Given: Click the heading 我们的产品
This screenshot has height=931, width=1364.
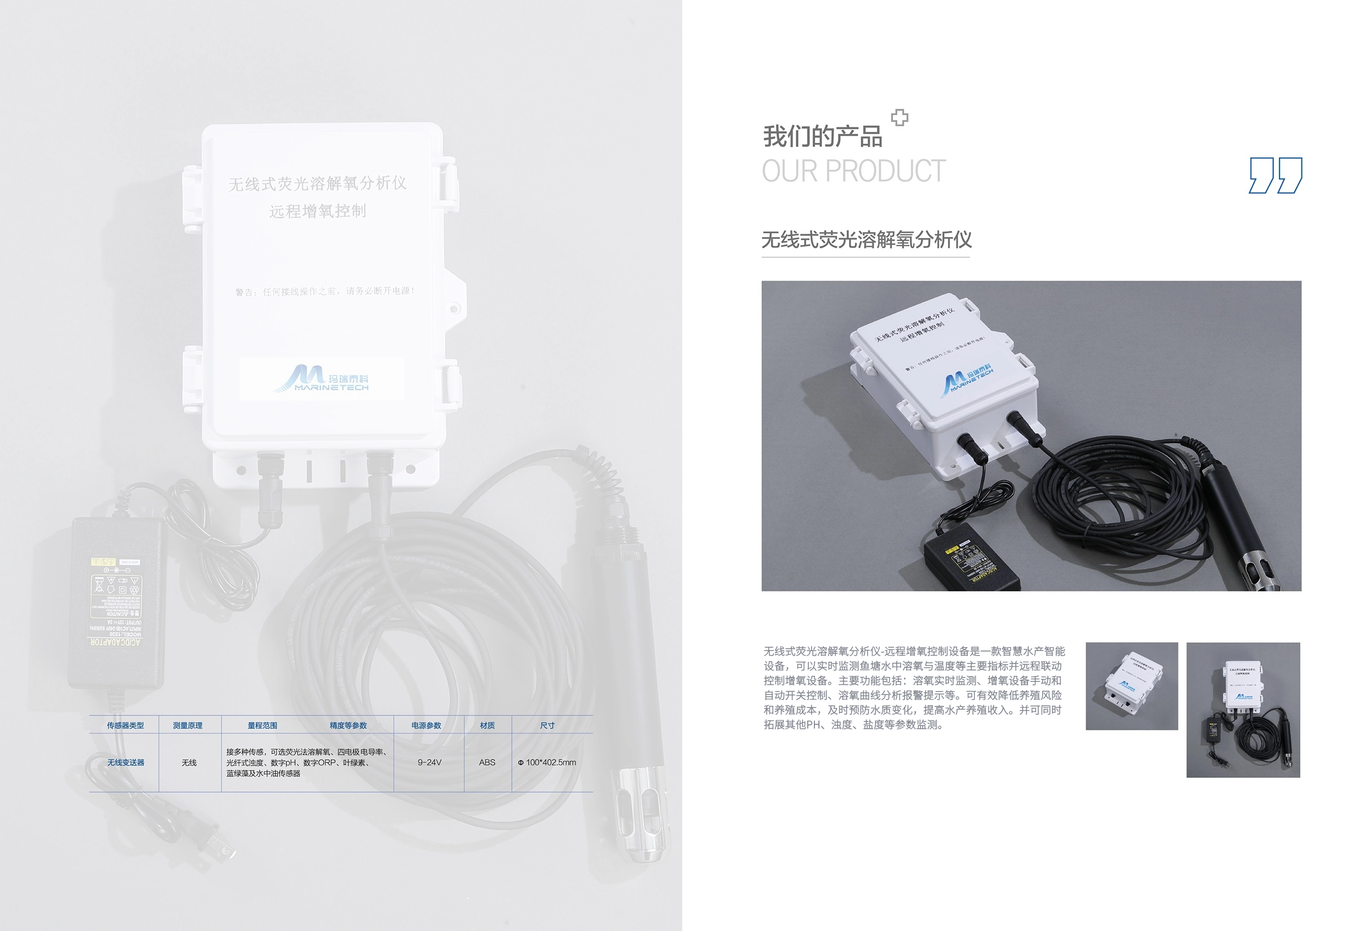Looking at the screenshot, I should click(x=822, y=137).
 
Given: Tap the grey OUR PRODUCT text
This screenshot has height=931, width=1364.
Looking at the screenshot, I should click(x=853, y=171).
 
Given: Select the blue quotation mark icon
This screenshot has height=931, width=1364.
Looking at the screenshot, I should click(x=1276, y=175).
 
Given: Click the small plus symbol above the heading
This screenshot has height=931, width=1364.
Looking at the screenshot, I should click(x=899, y=118).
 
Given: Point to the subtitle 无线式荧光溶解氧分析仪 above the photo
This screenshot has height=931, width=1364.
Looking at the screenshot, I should click(x=866, y=240).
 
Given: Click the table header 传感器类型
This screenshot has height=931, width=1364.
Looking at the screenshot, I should click(x=125, y=725).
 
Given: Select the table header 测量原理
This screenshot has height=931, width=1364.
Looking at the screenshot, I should click(x=188, y=725).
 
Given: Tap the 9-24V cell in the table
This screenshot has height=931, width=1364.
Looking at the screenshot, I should click(x=429, y=763).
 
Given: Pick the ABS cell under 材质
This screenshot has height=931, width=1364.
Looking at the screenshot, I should click(x=487, y=763).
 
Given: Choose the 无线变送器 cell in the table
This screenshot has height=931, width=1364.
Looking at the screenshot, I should click(x=126, y=763).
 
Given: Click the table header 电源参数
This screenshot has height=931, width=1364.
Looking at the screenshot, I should click(x=426, y=725).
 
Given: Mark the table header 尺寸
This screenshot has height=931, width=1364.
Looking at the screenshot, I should click(x=547, y=725).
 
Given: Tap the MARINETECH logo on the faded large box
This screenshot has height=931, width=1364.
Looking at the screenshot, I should click(x=322, y=379).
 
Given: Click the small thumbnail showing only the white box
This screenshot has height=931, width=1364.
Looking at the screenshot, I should click(x=1131, y=686).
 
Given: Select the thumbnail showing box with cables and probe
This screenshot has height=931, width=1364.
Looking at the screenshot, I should click(x=1242, y=710).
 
